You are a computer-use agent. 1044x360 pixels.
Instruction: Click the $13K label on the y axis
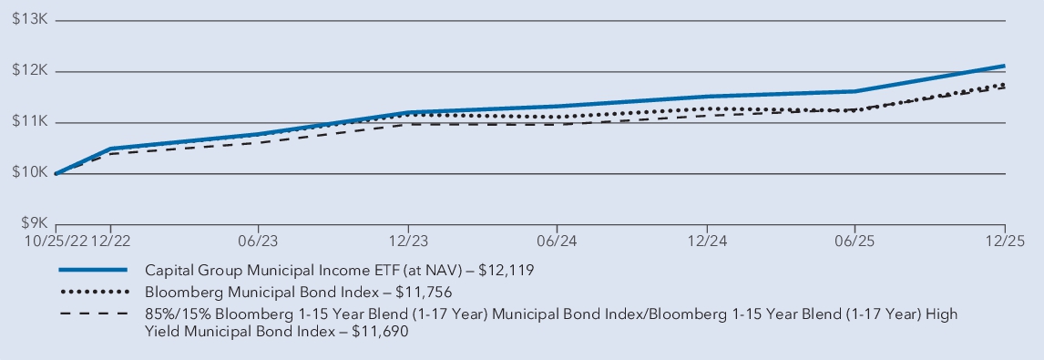[x=29, y=20]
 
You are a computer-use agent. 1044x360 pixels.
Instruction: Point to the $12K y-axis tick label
[x=29, y=71]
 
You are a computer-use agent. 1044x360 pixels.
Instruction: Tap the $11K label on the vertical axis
[x=29, y=122]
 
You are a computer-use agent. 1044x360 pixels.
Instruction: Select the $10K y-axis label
[x=29, y=173]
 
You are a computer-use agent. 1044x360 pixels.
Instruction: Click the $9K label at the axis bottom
[x=33, y=224]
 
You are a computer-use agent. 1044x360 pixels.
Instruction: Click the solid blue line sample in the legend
[x=92, y=271]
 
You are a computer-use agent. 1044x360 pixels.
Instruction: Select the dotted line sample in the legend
[x=92, y=293]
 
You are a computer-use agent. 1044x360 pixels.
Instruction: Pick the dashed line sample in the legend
[x=92, y=314]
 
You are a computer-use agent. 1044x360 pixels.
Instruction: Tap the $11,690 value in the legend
[x=377, y=334]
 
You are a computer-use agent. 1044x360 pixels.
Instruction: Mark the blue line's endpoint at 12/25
[x=1004, y=66]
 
